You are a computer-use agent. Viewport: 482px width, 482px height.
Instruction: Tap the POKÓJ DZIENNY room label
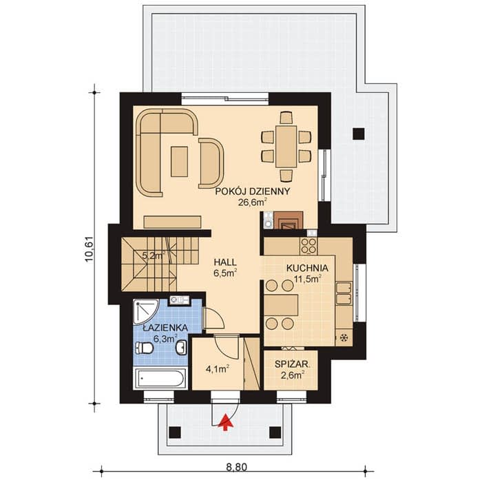pyautogui.click(x=253, y=191)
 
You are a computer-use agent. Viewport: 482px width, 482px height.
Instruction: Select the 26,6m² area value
pyautogui.click(x=252, y=202)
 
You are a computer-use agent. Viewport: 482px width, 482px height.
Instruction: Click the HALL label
pyautogui.click(x=225, y=262)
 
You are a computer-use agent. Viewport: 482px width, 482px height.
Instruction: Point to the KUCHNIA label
pyautogui.click(x=307, y=268)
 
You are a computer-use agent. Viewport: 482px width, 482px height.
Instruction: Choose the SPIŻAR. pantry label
pyautogui.click(x=292, y=364)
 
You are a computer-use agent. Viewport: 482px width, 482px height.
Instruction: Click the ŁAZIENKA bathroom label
pyautogui.click(x=165, y=328)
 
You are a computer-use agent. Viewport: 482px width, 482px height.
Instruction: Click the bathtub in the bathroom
pyautogui.click(x=160, y=378)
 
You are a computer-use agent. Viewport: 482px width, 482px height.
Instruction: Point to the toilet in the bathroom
pyautogui.click(x=145, y=348)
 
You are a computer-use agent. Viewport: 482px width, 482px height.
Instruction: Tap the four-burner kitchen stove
pyautogui.click(x=308, y=246)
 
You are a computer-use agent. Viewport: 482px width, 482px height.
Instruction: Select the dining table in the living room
pyautogui.click(x=286, y=146)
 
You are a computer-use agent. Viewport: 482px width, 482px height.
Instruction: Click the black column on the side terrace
pyautogui.click(x=359, y=134)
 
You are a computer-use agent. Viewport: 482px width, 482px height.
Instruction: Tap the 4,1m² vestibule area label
pyautogui.click(x=218, y=368)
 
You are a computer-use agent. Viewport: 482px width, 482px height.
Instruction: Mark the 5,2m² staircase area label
pyautogui.click(x=154, y=255)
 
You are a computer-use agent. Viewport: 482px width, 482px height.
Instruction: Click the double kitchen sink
pyautogui.click(x=344, y=293)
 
